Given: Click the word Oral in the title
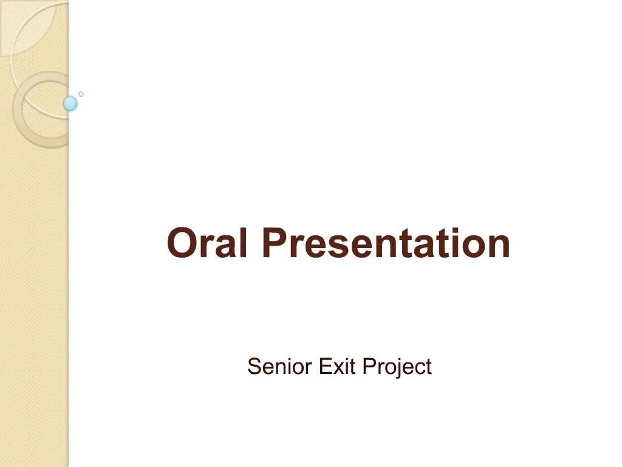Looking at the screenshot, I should click(x=207, y=243).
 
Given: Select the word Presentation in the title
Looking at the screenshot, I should click(x=386, y=243).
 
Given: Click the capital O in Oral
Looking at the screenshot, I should click(x=181, y=243).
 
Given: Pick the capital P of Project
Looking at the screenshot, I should click(x=369, y=367).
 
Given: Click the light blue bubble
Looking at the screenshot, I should click(x=70, y=104).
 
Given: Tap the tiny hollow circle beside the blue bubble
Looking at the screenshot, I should click(x=81, y=94).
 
